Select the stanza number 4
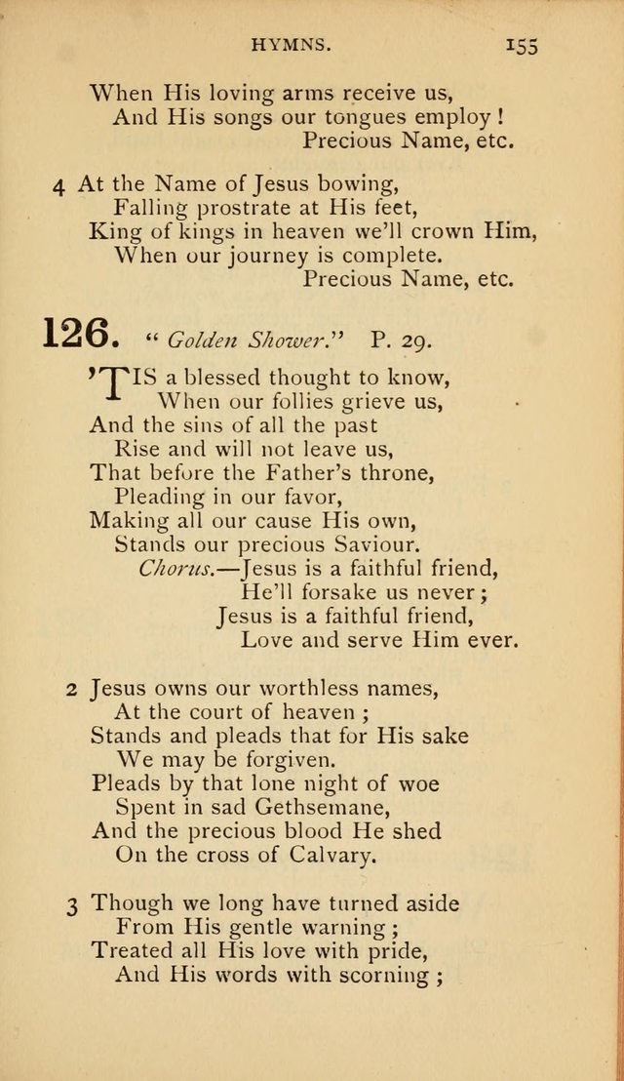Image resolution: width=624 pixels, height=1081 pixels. pyautogui.click(x=60, y=183)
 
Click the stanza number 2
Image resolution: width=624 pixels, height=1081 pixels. pyautogui.click(x=71, y=690)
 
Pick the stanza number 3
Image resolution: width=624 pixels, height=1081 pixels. pyautogui.click(x=71, y=905)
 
